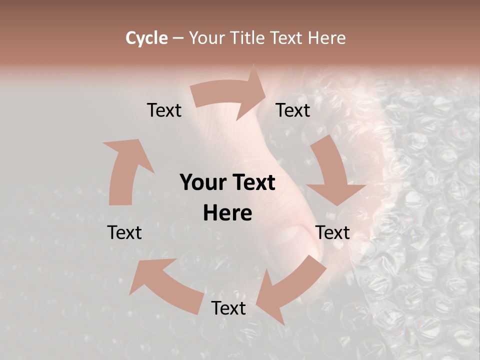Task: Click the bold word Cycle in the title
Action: (146, 38)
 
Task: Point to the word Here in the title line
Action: (327, 38)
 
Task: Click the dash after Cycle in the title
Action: (178, 38)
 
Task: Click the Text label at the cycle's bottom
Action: (228, 308)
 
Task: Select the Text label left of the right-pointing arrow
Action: (164, 110)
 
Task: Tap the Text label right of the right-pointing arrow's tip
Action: (293, 110)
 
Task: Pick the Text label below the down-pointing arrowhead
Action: (332, 232)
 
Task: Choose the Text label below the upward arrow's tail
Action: (124, 232)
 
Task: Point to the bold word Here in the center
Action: (227, 213)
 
